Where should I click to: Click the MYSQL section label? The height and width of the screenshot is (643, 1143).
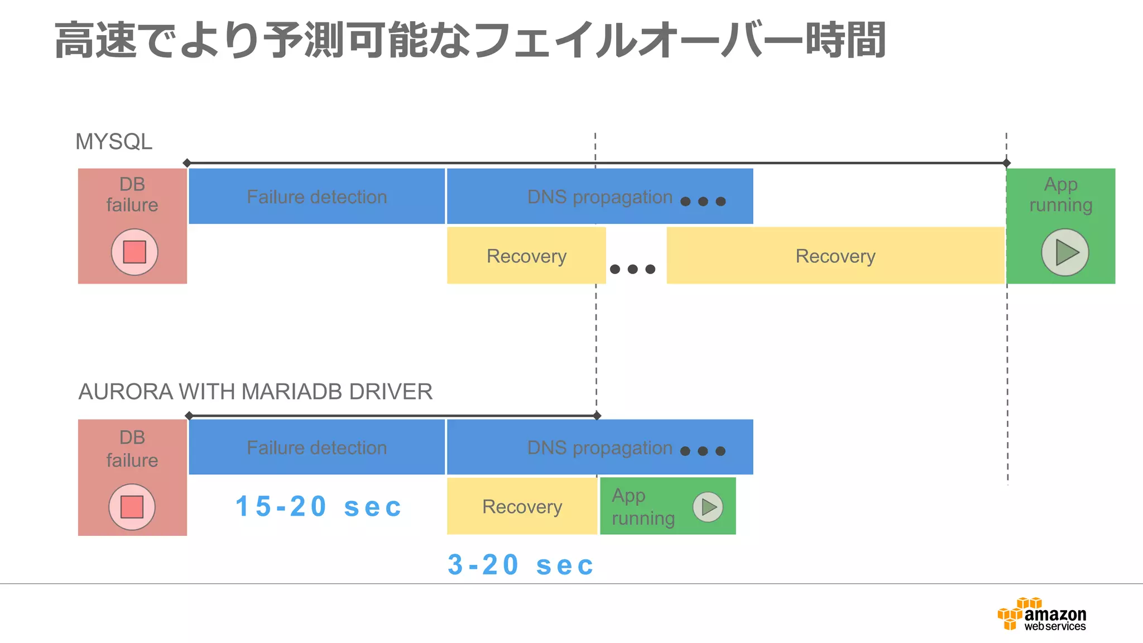coord(114,142)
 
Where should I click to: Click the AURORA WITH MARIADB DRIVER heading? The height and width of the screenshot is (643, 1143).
coord(255,392)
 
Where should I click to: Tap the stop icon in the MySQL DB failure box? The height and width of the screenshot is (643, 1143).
coord(135,252)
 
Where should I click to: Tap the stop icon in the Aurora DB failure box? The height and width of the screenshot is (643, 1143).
coord(132,507)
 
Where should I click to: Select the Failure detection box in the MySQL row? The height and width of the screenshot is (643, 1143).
coord(316,196)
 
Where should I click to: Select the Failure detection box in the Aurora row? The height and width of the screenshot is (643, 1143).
coord(316,447)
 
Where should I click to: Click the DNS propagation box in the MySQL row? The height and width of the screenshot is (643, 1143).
coord(599,196)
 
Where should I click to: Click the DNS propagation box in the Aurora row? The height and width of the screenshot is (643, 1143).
coord(599,447)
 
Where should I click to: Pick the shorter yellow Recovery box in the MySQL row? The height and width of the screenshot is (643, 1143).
coord(526,256)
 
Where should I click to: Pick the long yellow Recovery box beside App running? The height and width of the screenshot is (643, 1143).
coord(835,256)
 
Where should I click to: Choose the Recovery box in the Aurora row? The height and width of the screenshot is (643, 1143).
coord(522,506)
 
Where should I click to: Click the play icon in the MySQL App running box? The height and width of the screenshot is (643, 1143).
coord(1065,252)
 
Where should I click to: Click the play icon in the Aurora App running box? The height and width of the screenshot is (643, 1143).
coord(708,507)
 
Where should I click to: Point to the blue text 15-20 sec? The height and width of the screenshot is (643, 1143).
coord(319,507)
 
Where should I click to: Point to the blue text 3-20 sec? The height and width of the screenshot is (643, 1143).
coord(521,565)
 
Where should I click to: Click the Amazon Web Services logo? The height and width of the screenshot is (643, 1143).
coord(1041,614)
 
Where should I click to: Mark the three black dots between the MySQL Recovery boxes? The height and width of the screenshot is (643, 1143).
coord(632,269)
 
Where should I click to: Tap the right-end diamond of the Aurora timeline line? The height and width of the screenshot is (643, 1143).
coord(597,415)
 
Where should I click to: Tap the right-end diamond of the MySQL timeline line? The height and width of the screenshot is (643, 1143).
coord(1006,163)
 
